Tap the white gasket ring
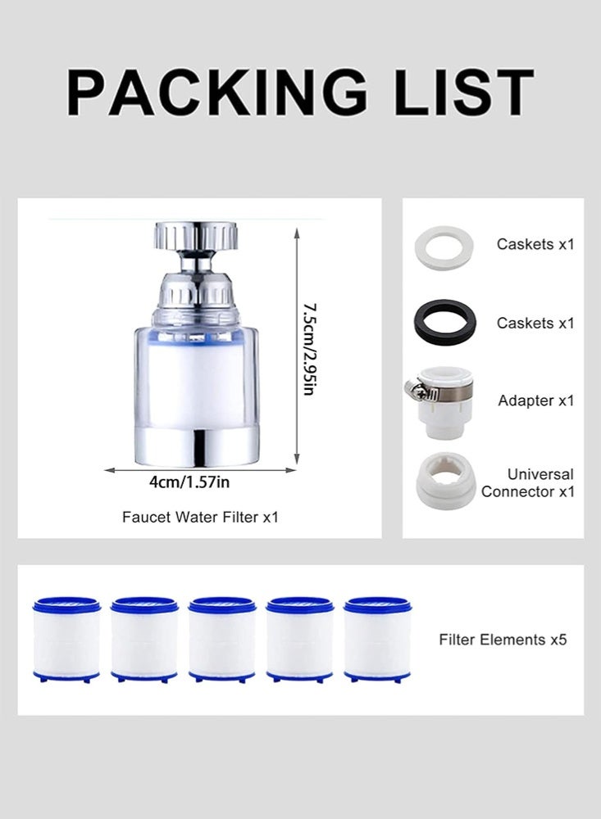coord(445,248)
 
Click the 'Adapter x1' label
coord(536,401)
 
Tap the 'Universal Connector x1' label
coord(529,483)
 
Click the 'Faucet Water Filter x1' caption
coord(201,517)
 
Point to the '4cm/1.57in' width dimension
coord(189,482)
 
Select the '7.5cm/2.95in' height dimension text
coord(308,350)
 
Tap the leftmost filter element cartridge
coord(66,640)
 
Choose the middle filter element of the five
coord(221,640)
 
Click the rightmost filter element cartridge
coord(377,640)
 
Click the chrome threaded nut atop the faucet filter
coord(194,235)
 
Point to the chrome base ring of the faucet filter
coord(194,445)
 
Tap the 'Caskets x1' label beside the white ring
coord(536,244)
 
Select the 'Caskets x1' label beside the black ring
coord(536,323)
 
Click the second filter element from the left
coord(144,640)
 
